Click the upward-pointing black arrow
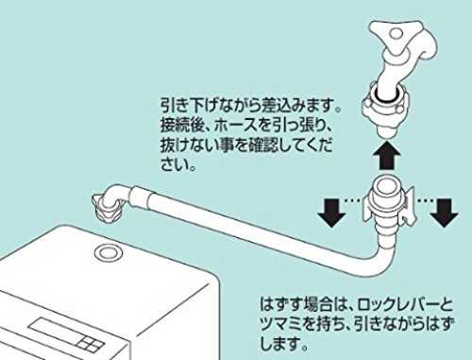[x=386, y=156]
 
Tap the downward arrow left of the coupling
[x=331, y=213]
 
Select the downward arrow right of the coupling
[x=444, y=213]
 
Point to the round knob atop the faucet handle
[x=396, y=33]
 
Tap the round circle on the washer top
[x=110, y=252]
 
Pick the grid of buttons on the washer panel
[x=92, y=343]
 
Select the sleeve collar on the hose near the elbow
[x=141, y=197]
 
